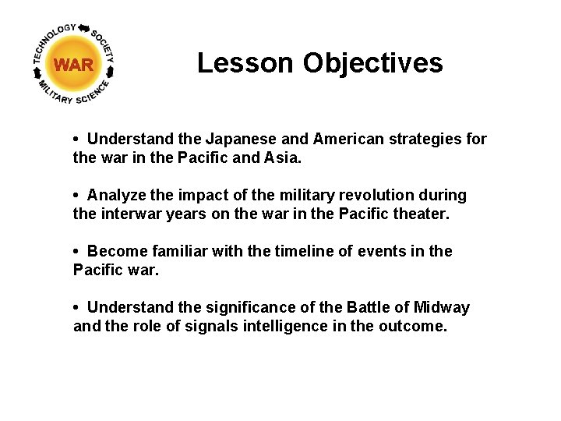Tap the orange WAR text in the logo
pos(74,65)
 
